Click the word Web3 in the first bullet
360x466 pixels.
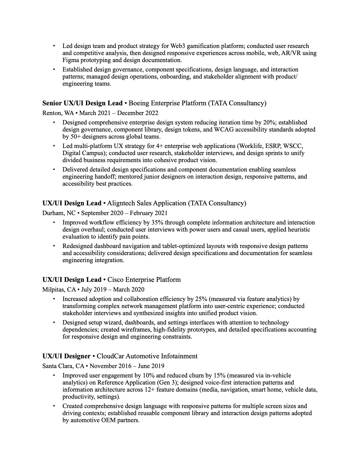click(177, 46)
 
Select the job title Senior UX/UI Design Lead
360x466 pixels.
click(82, 103)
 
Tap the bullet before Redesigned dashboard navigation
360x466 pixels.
click(54, 246)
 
